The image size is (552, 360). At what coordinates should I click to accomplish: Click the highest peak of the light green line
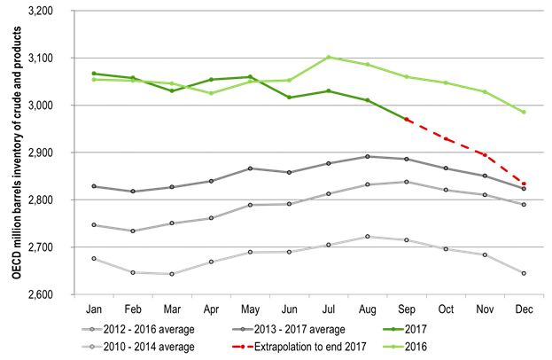(329, 58)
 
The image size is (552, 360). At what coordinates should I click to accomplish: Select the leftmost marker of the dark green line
(94, 74)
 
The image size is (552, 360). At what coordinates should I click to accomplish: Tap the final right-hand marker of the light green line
(524, 112)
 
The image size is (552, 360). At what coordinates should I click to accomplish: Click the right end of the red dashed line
(524, 184)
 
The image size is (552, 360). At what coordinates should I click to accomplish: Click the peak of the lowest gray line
(368, 237)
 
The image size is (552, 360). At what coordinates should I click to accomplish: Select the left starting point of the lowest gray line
(94, 258)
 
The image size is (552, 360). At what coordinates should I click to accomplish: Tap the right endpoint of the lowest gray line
(524, 272)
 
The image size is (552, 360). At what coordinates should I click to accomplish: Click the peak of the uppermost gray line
(368, 156)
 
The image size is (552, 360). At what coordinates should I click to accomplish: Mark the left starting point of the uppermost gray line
(94, 186)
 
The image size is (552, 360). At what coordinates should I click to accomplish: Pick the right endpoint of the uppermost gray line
(524, 188)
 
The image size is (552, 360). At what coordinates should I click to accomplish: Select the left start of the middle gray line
(94, 225)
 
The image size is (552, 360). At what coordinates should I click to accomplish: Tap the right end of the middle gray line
(524, 204)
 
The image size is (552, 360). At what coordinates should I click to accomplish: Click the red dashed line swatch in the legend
(243, 347)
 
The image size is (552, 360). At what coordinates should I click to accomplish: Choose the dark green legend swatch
(393, 329)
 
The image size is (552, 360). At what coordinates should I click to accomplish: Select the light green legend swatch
(393, 347)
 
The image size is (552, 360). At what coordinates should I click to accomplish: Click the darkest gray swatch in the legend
(243, 329)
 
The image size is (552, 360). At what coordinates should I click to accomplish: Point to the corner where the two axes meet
(74, 293)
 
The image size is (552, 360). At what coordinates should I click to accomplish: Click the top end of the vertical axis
(74, 11)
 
